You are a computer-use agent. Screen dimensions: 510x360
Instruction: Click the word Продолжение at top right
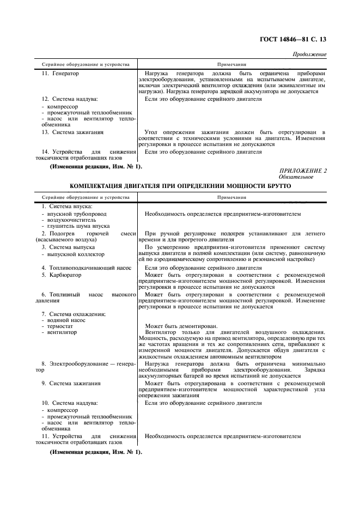pyautogui.click(x=309, y=54)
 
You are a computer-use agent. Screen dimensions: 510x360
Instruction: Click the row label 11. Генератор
pyautogui.click(x=60, y=73)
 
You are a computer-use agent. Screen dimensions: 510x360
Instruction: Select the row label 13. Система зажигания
pyautogui.click(x=72, y=132)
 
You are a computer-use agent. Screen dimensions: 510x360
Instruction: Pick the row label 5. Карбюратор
pyautogui.click(x=62, y=275)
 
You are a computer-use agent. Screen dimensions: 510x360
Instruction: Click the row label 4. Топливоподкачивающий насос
pyautogui.click(x=87, y=268)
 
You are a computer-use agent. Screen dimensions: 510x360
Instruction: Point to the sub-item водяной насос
pyautogui.click(x=65, y=320)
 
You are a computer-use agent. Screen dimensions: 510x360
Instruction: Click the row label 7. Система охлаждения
pyautogui.click(x=74, y=314)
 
